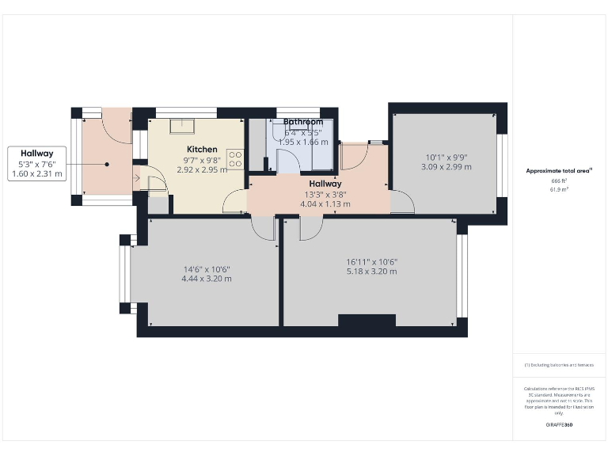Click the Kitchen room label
202,149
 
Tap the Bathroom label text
303,122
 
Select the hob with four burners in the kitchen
235,159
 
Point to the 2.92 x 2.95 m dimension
202,169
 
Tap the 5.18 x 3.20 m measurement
371,272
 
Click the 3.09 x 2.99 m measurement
446,167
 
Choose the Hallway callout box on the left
37,163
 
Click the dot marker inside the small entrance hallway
106,164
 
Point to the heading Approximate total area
559,170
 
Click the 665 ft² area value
559,181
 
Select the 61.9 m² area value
559,190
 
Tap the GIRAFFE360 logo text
559,425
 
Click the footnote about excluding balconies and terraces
559,365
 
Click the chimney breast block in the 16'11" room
367,320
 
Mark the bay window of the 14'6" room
123,274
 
